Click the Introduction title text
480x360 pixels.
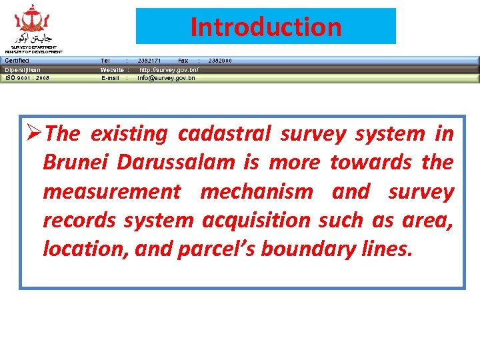coord(265,27)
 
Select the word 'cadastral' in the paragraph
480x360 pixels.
coord(224,134)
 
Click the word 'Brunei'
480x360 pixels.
coord(77,163)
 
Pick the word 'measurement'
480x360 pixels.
coord(111,192)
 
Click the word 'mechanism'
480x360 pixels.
coord(256,192)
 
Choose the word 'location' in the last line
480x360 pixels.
coord(85,249)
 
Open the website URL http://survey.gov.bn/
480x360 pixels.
coord(168,69)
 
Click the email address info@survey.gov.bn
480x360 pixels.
coord(166,78)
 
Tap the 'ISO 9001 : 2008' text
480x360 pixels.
coord(27,78)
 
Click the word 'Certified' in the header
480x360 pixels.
coord(17,61)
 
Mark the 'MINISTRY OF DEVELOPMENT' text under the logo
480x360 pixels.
coord(33,52)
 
